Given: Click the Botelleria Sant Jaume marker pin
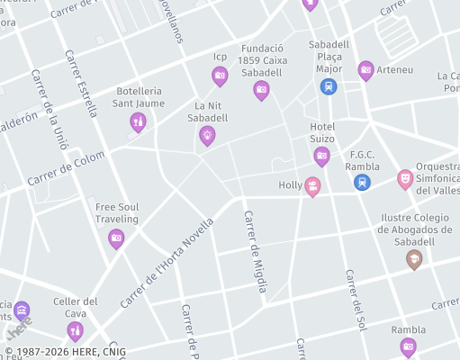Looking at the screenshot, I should (x=138, y=121).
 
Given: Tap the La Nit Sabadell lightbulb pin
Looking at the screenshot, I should (x=207, y=135).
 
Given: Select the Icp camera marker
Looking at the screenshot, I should (x=220, y=76).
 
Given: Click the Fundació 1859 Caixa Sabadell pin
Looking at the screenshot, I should (x=261, y=88).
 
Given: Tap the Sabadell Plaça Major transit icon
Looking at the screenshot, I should (x=329, y=86).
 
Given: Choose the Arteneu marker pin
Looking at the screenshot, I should (x=365, y=69).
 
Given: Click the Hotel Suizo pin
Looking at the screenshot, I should (x=321, y=156).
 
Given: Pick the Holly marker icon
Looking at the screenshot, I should (x=312, y=186).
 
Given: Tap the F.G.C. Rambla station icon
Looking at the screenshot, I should (x=362, y=182).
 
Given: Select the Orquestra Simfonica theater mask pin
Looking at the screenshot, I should (x=405, y=178).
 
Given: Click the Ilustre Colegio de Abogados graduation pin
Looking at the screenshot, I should (x=414, y=259).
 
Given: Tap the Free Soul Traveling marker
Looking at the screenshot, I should (x=116, y=238).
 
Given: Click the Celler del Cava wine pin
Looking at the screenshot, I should (x=75, y=331).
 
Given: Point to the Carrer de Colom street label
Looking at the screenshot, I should (x=66, y=168).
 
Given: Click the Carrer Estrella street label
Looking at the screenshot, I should (x=80, y=83).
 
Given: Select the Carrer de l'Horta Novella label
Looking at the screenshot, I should (x=167, y=262).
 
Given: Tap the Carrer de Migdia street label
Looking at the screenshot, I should (x=255, y=251).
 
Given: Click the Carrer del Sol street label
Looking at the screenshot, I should (x=356, y=298).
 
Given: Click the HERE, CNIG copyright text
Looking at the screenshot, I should (x=65, y=352).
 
